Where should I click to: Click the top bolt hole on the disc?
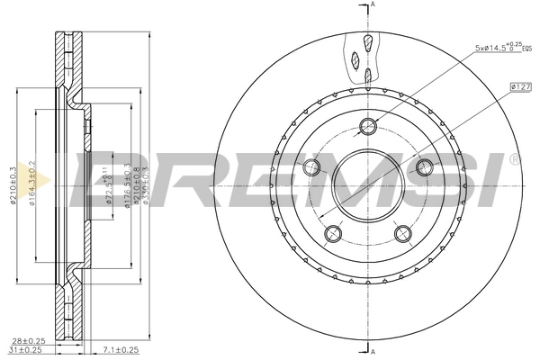pyautogui.click(x=367, y=125)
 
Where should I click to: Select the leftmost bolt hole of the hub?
pyautogui.click(x=312, y=166)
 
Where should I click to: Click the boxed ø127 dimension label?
pyautogui.click(x=520, y=86)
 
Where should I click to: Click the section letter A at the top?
pyautogui.click(x=374, y=5)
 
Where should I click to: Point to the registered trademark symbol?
pyautogui.click(x=514, y=159)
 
